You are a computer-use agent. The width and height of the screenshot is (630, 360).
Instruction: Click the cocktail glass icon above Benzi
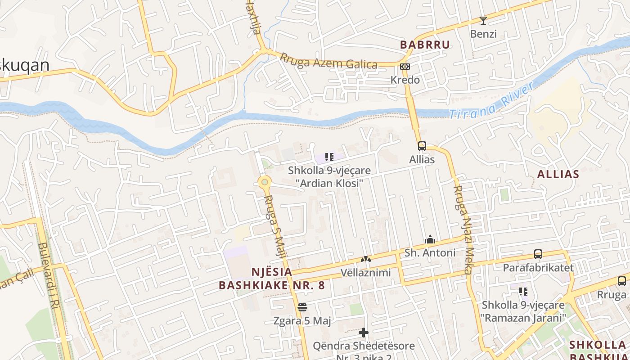click(483, 21)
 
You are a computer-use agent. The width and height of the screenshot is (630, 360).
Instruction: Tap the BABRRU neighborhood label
click(425, 45)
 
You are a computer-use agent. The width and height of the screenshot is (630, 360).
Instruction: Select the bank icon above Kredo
click(405, 67)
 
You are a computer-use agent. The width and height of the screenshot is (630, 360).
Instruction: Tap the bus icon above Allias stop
click(422, 146)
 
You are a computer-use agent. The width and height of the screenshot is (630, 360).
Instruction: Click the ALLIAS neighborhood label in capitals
click(558, 174)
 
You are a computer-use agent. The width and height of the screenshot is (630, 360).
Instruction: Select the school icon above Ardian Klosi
click(329, 157)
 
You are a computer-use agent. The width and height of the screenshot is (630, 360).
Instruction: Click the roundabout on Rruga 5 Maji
click(265, 182)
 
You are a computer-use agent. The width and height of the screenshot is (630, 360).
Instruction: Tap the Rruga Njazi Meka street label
click(463, 229)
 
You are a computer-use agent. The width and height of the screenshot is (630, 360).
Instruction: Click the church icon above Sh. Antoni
click(430, 239)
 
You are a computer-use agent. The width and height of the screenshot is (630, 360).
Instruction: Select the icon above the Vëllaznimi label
click(365, 260)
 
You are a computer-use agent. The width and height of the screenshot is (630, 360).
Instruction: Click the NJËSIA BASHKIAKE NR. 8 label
click(272, 279)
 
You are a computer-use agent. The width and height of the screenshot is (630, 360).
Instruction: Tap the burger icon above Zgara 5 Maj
click(302, 307)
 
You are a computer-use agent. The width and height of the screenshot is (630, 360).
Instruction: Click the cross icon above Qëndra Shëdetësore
click(364, 333)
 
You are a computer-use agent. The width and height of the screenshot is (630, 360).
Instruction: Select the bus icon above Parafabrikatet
click(538, 254)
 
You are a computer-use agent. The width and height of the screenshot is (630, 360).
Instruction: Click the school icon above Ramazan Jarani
click(523, 292)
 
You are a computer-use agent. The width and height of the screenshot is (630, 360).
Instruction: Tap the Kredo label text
click(405, 80)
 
